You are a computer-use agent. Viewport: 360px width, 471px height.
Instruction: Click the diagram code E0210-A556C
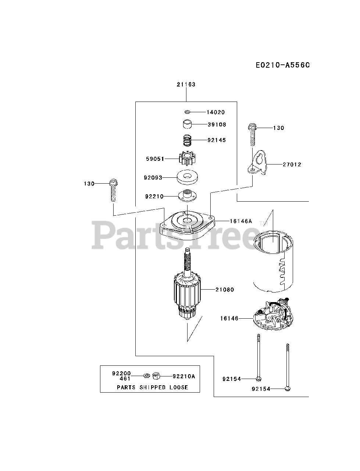(x=283, y=65)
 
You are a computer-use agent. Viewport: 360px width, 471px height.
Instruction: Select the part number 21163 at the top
(x=186, y=84)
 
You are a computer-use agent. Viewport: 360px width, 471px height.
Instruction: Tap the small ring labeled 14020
(x=187, y=112)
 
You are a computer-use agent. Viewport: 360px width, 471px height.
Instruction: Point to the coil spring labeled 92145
(x=188, y=140)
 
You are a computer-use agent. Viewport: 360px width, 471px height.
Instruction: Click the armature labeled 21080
(x=188, y=291)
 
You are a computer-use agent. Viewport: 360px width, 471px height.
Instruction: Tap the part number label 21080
(x=225, y=290)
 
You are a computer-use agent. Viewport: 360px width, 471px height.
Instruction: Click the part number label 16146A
(x=241, y=221)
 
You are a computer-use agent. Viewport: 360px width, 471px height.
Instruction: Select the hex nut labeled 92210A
(x=156, y=376)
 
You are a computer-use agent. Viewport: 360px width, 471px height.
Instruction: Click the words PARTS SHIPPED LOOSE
(x=152, y=387)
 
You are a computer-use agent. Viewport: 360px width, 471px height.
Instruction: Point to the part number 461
(x=125, y=378)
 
